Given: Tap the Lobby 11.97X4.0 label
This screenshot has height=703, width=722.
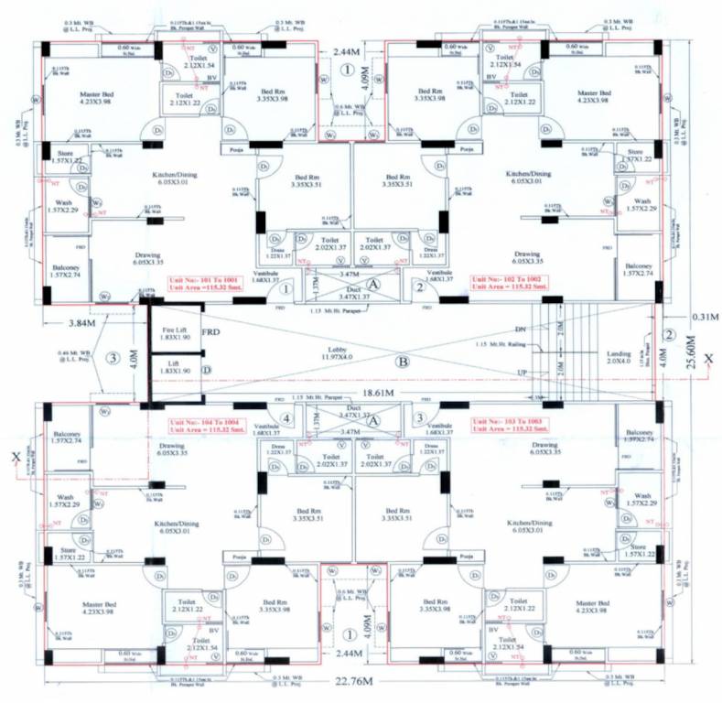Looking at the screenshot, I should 330,351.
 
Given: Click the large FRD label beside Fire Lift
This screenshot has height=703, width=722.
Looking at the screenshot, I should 212,330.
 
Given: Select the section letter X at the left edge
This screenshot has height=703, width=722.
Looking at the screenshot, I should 16,455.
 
